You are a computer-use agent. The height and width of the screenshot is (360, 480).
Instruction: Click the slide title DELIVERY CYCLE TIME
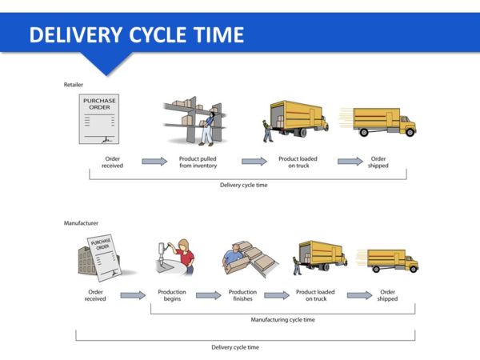pos(136,35)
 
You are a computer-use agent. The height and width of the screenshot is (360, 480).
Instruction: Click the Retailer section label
pos(74,84)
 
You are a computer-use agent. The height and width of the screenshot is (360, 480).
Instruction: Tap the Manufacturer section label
pos(80,224)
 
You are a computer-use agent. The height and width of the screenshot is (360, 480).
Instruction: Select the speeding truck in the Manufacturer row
pos(392,261)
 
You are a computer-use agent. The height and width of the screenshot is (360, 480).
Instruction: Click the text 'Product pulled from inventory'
pos(197,162)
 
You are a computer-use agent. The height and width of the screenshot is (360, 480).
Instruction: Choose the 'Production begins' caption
pos(172,296)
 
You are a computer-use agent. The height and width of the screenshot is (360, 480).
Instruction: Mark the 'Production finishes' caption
pos(242,296)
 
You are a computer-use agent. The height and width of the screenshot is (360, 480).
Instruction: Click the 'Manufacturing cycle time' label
pos(283,319)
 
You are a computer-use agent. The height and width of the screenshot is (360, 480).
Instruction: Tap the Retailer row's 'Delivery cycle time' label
pos(244,185)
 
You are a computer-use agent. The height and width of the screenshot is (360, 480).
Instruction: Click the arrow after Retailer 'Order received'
pos(154,162)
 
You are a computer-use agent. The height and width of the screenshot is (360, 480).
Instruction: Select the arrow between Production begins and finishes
pos(208,295)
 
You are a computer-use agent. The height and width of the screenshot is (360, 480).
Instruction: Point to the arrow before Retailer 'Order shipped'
pos(350,162)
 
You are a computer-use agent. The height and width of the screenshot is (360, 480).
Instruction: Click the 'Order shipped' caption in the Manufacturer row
pos(387,296)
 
